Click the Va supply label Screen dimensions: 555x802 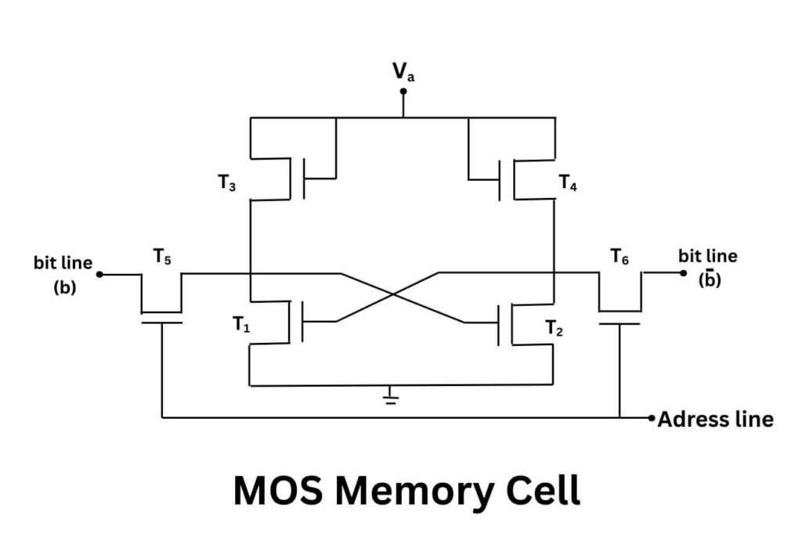click(x=404, y=74)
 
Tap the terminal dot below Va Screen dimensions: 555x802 click(x=403, y=92)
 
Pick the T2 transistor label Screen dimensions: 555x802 click(x=555, y=328)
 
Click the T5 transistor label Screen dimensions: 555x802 click(x=162, y=256)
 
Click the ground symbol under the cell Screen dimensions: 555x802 click(x=390, y=398)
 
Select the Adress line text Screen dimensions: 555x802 click(x=715, y=420)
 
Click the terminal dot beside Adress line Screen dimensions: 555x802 click(x=652, y=419)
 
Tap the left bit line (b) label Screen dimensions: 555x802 click(x=63, y=273)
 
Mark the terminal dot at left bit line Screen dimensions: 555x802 click(x=100, y=275)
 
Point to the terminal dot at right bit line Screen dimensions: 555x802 click(x=683, y=273)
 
